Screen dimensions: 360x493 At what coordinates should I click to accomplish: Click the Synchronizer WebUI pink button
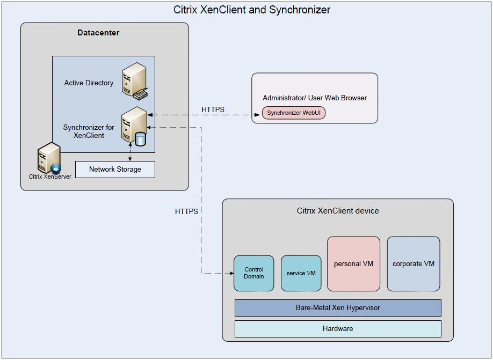pyautogui.click(x=294, y=113)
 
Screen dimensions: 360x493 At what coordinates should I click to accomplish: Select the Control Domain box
pyautogui.click(x=254, y=273)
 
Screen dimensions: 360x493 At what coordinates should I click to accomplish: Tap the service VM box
pyautogui.click(x=301, y=273)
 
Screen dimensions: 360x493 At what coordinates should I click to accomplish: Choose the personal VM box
pyautogui.click(x=353, y=264)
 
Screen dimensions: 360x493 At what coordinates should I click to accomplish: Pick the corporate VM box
pyautogui.click(x=414, y=264)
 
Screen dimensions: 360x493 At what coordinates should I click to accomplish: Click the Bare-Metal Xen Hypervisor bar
pyautogui.click(x=338, y=308)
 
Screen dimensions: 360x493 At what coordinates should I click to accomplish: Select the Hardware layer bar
pyautogui.click(x=338, y=328)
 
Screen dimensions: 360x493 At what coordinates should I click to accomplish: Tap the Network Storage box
pyautogui.click(x=115, y=170)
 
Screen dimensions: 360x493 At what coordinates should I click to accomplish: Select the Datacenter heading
pyautogui.click(x=98, y=33)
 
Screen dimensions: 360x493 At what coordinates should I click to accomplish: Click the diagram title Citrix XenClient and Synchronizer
pyautogui.click(x=252, y=10)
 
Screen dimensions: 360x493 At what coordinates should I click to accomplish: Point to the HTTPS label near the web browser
pyautogui.click(x=213, y=109)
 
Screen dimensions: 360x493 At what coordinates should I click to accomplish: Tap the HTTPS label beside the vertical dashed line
pyautogui.click(x=186, y=211)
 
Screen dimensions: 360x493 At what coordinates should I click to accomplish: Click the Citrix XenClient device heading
pyautogui.click(x=338, y=211)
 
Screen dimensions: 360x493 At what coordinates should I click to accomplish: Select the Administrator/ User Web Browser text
pyautogui.click(x=315, y=98)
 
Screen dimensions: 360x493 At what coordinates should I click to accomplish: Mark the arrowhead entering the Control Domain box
pyautogui.click(x=231, y=273)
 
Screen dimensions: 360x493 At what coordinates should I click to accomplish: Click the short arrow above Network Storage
pyautogui.click(x=130, y=153)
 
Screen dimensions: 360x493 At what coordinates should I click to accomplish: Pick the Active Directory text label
pyautogui.click(x=89, y=83)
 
